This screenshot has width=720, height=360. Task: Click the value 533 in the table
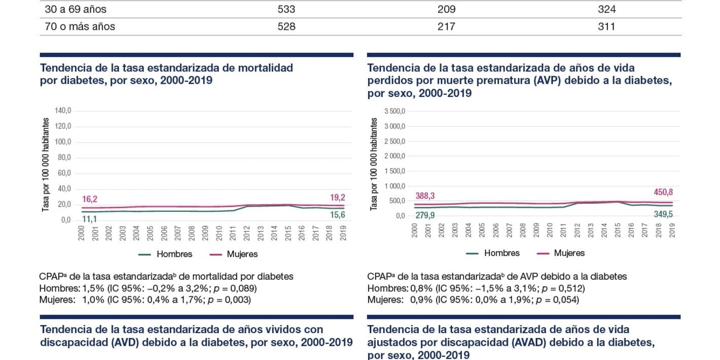click(286, 9)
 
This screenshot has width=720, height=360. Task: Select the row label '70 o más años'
click(80, 26)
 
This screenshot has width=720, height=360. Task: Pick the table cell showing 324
click(606, 9)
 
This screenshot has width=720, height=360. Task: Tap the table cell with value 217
click(446, 26)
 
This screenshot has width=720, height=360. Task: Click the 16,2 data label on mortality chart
click(89, 199)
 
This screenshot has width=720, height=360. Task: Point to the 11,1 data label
click(89, 219)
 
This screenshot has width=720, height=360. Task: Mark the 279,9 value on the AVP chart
click(425, 215)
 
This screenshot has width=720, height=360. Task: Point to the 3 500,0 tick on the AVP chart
click(395, 111)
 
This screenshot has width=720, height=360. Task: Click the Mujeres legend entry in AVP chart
click(569, 253)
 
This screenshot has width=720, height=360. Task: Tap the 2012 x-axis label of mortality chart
click(247, 233)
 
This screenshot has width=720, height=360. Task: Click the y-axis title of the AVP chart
click(374, 164)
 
